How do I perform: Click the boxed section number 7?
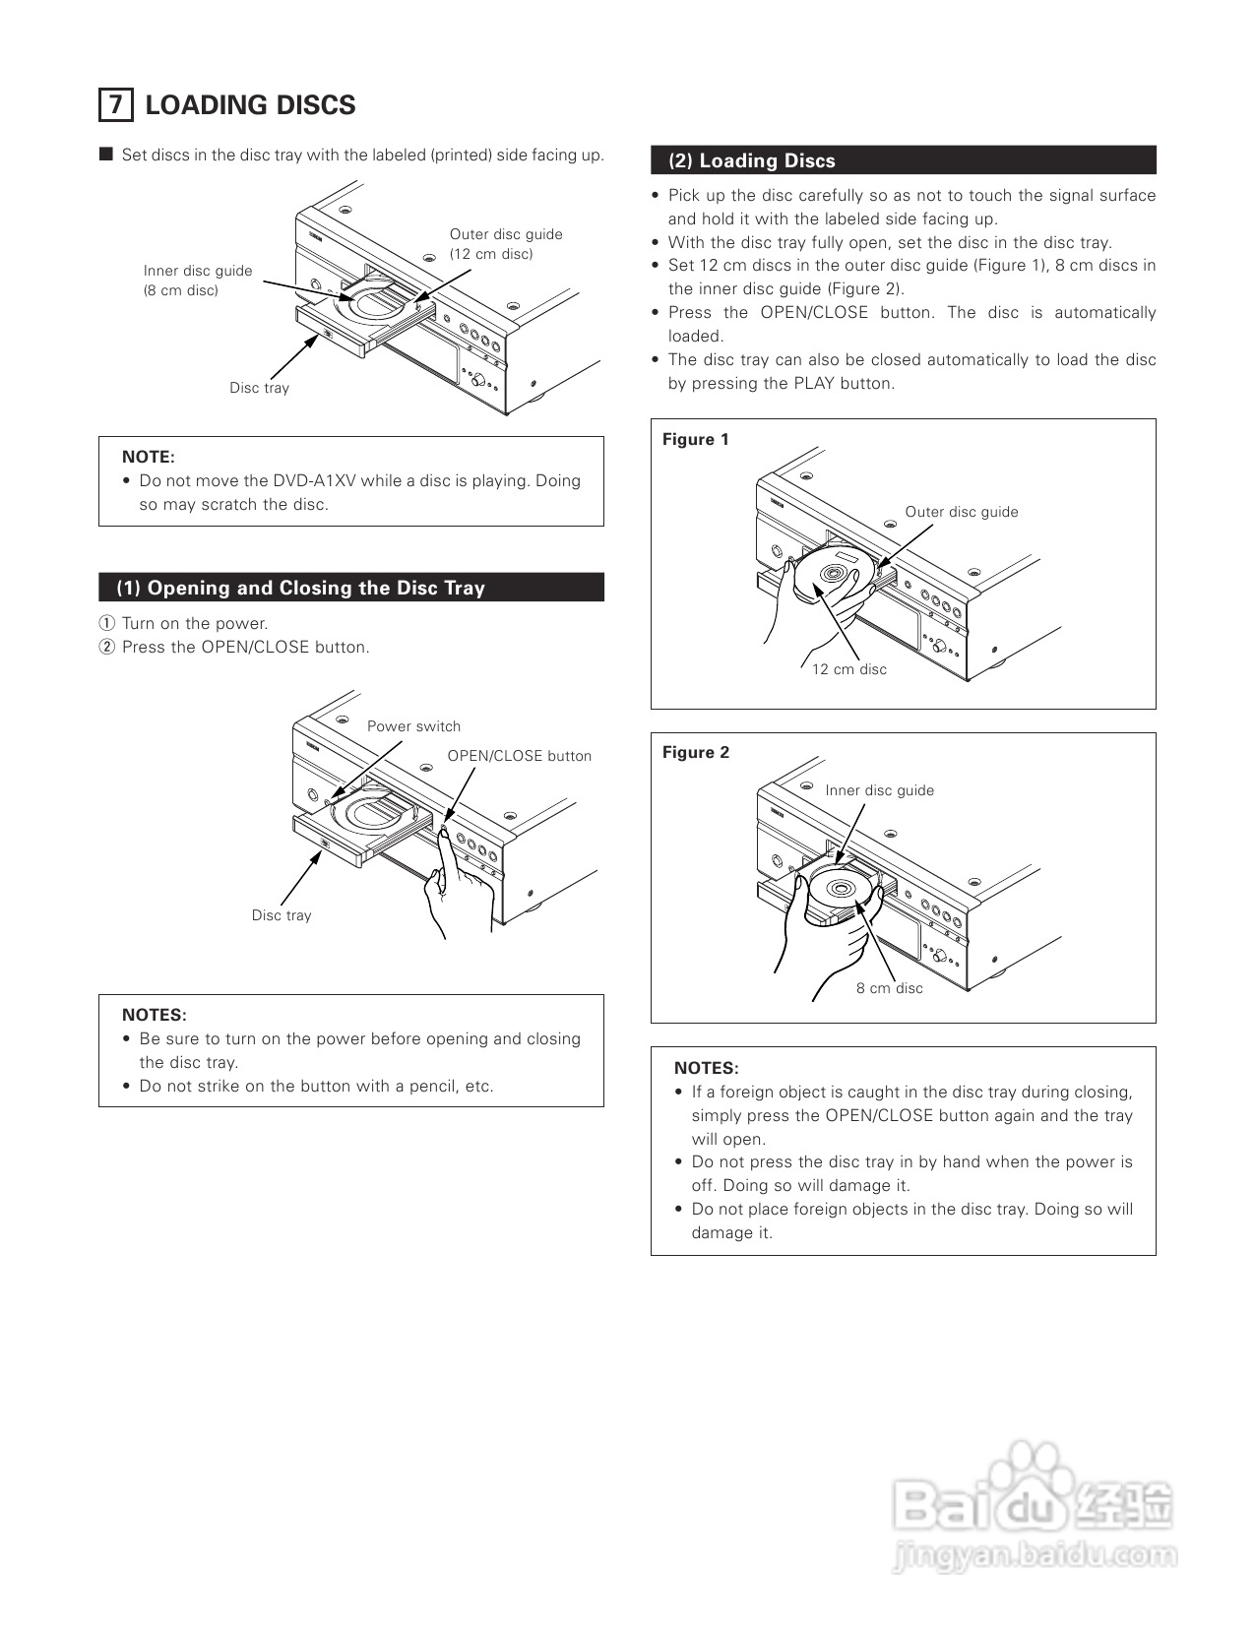pyautogui.click(x=115, y=104)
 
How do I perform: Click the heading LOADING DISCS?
pyautogui.click(x=250, y=105)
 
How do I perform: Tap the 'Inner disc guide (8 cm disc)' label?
pyautogui.click(x=197, y=281)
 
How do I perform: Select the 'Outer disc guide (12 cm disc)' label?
pyautogui.click(x=506, y=244)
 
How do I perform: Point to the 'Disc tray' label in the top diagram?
pyautogui.click(x=260, y=388)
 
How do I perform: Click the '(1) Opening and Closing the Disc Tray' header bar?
pyautogui.click(x=350, y=588)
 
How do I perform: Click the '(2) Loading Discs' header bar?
pyautogui.click(x=903, y=160)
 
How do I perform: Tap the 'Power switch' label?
pyautogui.click(x=413, y=726)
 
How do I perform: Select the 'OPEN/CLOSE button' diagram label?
pyautogui.click(x=519, y=756)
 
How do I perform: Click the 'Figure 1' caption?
pyautogui.click(x=696, y=439)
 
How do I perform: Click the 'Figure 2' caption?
pyautogui.click(x=696, y=752)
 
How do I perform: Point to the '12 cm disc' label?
pyautogui.click(x=848, y=669)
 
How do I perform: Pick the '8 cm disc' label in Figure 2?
pyautogui.click(x=889, y=988)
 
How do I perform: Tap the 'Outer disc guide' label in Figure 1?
pyautogui.click(x=962, y=512)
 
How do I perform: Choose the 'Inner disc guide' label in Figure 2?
pyautogui.click(x=879, y=790)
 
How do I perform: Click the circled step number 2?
pyautogui.click(x=107, y=647)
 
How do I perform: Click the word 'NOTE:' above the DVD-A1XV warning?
pyautogui.click(x=149, y=457)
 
